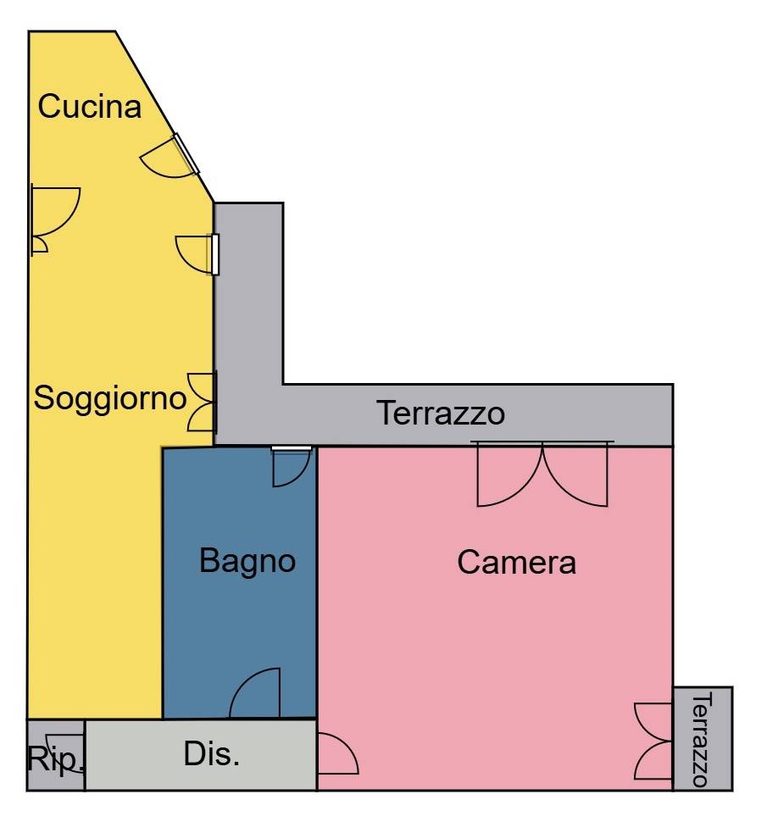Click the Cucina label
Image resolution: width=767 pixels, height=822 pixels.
click(90, 107)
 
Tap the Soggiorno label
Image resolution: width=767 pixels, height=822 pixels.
click(110, 398)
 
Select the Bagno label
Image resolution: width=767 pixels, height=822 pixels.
click(247, 561)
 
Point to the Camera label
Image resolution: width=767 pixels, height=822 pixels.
click(516, 563)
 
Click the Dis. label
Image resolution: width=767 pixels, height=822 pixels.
click(212, 754)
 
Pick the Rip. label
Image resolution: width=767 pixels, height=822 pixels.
click(55, 759)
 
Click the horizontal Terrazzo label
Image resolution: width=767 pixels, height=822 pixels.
click(441, 413)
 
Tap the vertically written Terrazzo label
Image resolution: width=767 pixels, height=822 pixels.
click(702, 739)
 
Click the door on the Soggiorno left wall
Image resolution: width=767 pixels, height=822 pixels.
click(55, 219)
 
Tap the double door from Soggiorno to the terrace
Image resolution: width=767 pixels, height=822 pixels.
click(202, 402)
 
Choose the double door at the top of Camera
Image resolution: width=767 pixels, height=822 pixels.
click(542, 475)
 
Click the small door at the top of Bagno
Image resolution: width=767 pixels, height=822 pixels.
click(292, 465)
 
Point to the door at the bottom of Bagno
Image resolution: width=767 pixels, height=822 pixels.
click(255, 692)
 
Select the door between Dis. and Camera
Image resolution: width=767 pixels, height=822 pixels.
click(338, 753)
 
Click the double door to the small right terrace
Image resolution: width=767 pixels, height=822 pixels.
click(653, 741)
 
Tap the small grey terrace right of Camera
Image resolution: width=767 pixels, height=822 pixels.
click(703, 738)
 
